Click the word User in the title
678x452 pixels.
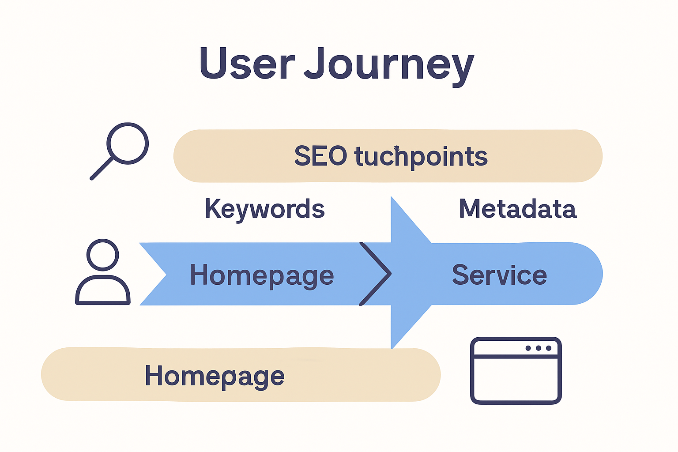[246, 64]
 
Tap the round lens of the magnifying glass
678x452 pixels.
[128, 143]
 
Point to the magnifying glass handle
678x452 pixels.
[102, 169]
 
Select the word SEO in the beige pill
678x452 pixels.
[320, 156]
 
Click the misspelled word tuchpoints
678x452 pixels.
[421, 157]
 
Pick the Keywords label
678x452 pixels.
[265, 209]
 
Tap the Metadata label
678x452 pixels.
[517, 209]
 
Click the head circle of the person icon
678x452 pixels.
[103, 255]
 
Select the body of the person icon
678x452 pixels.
[103, 291]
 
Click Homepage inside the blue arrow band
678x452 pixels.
[262, 275]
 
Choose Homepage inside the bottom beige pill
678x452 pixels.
[215, 376]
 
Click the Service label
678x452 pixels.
[499, 275]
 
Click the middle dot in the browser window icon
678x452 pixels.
[538, 348]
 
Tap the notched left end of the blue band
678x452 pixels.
[152, 274]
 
